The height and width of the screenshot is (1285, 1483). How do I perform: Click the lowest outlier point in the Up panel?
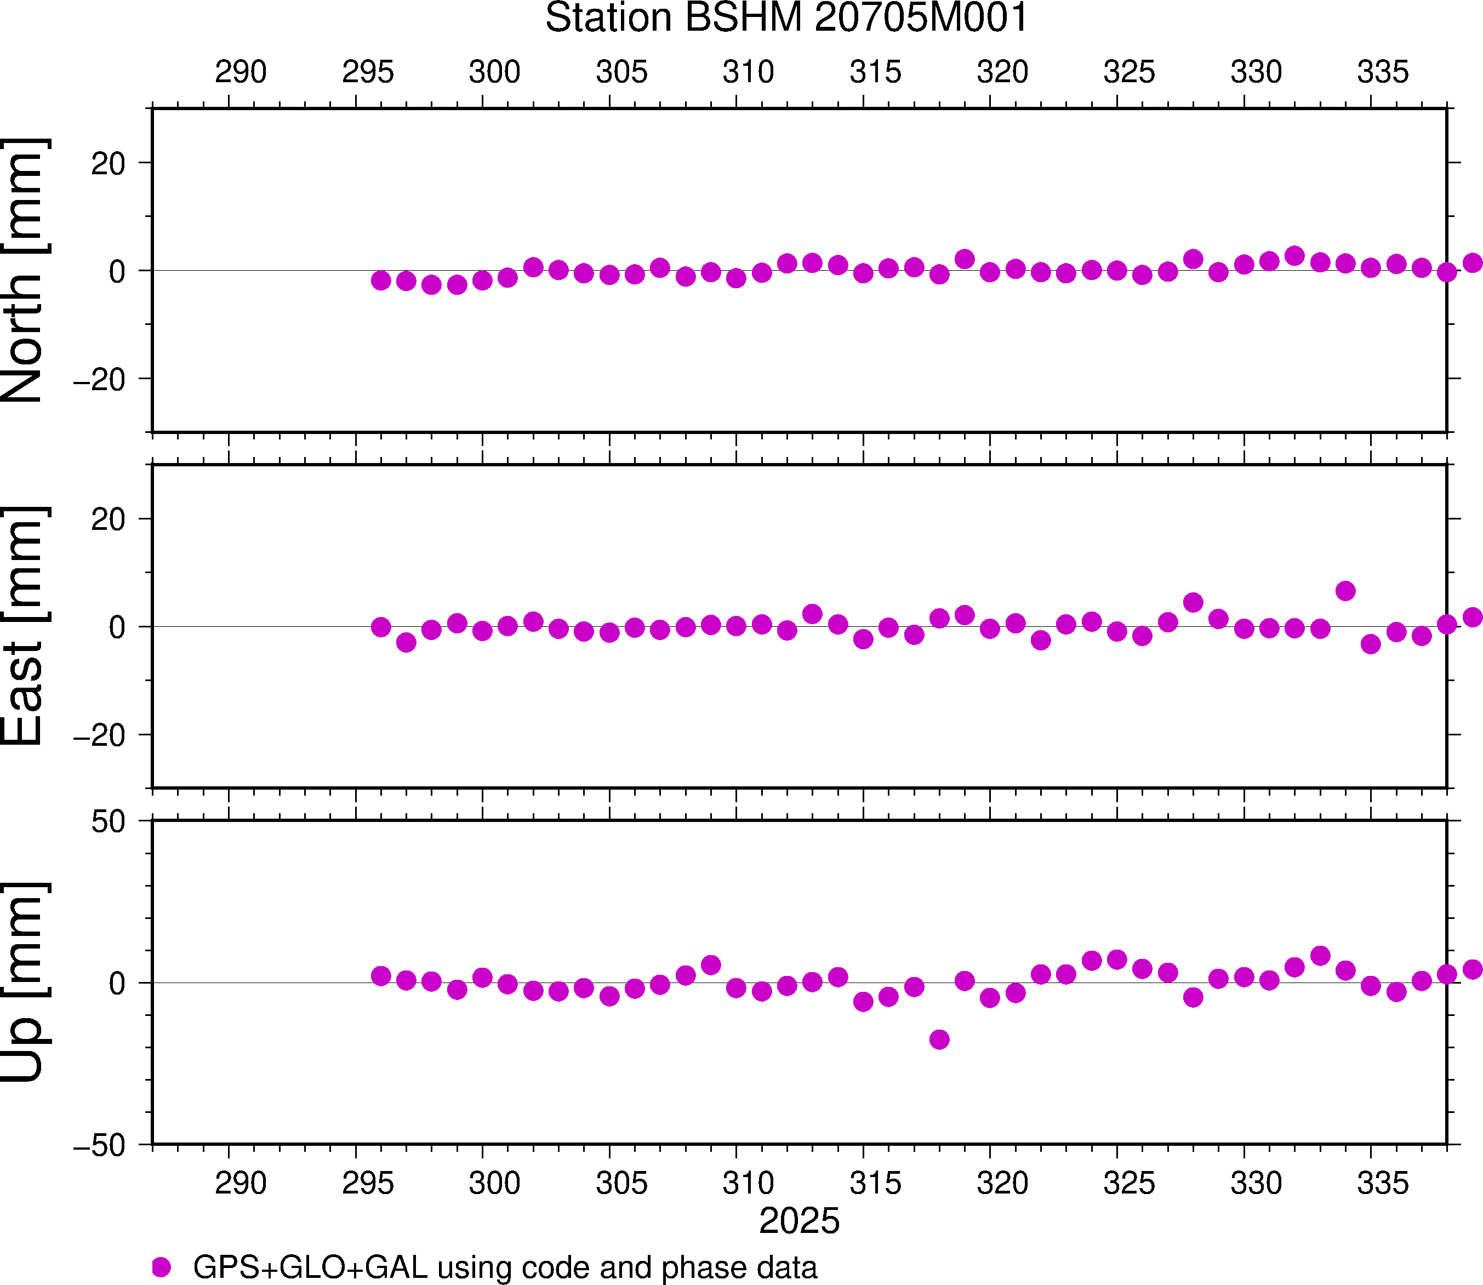click(x=939, y=1039)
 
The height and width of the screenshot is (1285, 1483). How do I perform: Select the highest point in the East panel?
click(x=1345, y=591)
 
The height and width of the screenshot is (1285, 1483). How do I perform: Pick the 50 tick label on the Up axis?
click(x=107, y=823)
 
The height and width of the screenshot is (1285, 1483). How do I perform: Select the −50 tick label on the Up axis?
click(x=99, y=1146)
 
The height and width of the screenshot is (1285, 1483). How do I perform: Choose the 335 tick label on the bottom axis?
click(x=1383, y=1183)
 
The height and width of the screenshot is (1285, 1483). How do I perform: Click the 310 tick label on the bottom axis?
click(x=748, y=1183)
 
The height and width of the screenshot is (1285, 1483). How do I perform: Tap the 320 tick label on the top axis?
click(x=1002, y=72)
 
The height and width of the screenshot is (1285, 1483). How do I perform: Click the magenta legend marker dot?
click(x=161, y=1266)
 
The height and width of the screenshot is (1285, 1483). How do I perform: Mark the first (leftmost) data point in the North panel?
click(x=381, y=281)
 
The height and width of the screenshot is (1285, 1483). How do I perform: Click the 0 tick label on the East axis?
click(x=117, y=627)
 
